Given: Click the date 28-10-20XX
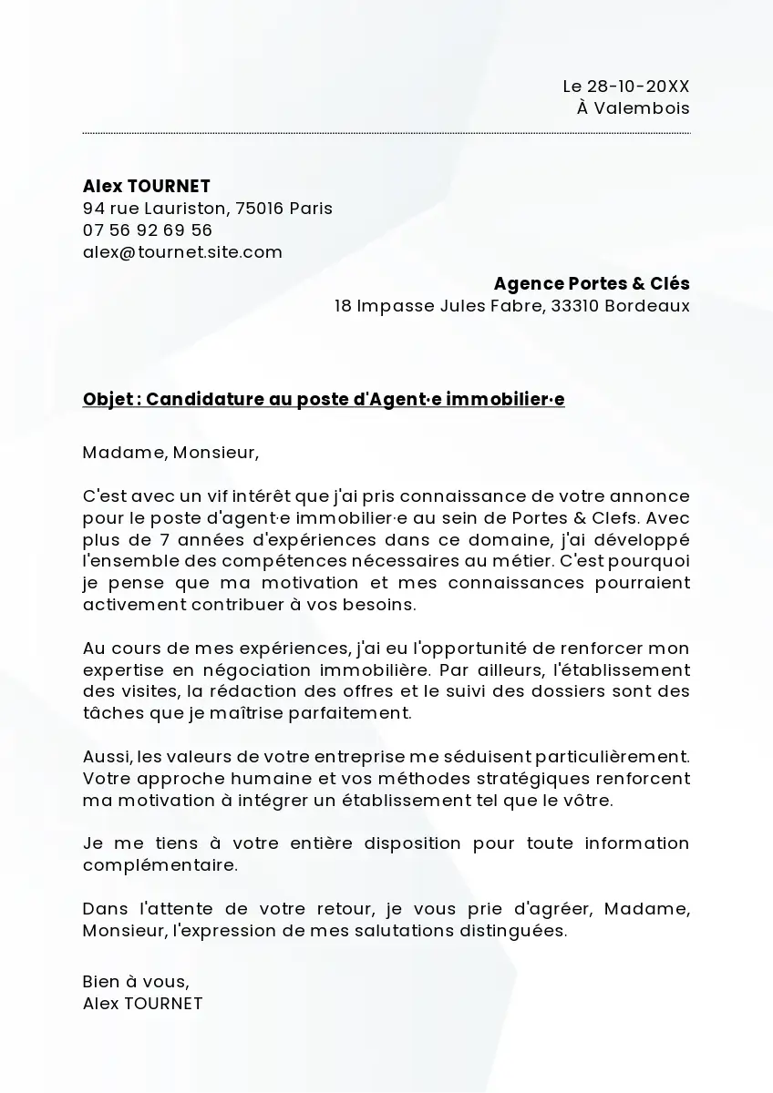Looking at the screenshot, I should tap(638, 87).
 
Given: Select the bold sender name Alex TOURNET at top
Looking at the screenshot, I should tap(147, 186).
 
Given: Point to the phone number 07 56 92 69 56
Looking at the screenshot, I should tap(148, 230).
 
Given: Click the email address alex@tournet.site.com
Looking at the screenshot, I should tap(182, 251).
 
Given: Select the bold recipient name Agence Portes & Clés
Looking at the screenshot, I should tap(592, 283).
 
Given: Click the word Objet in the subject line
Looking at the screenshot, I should tap(107, 400).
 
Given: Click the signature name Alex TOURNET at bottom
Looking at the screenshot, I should tap(142, 1004).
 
